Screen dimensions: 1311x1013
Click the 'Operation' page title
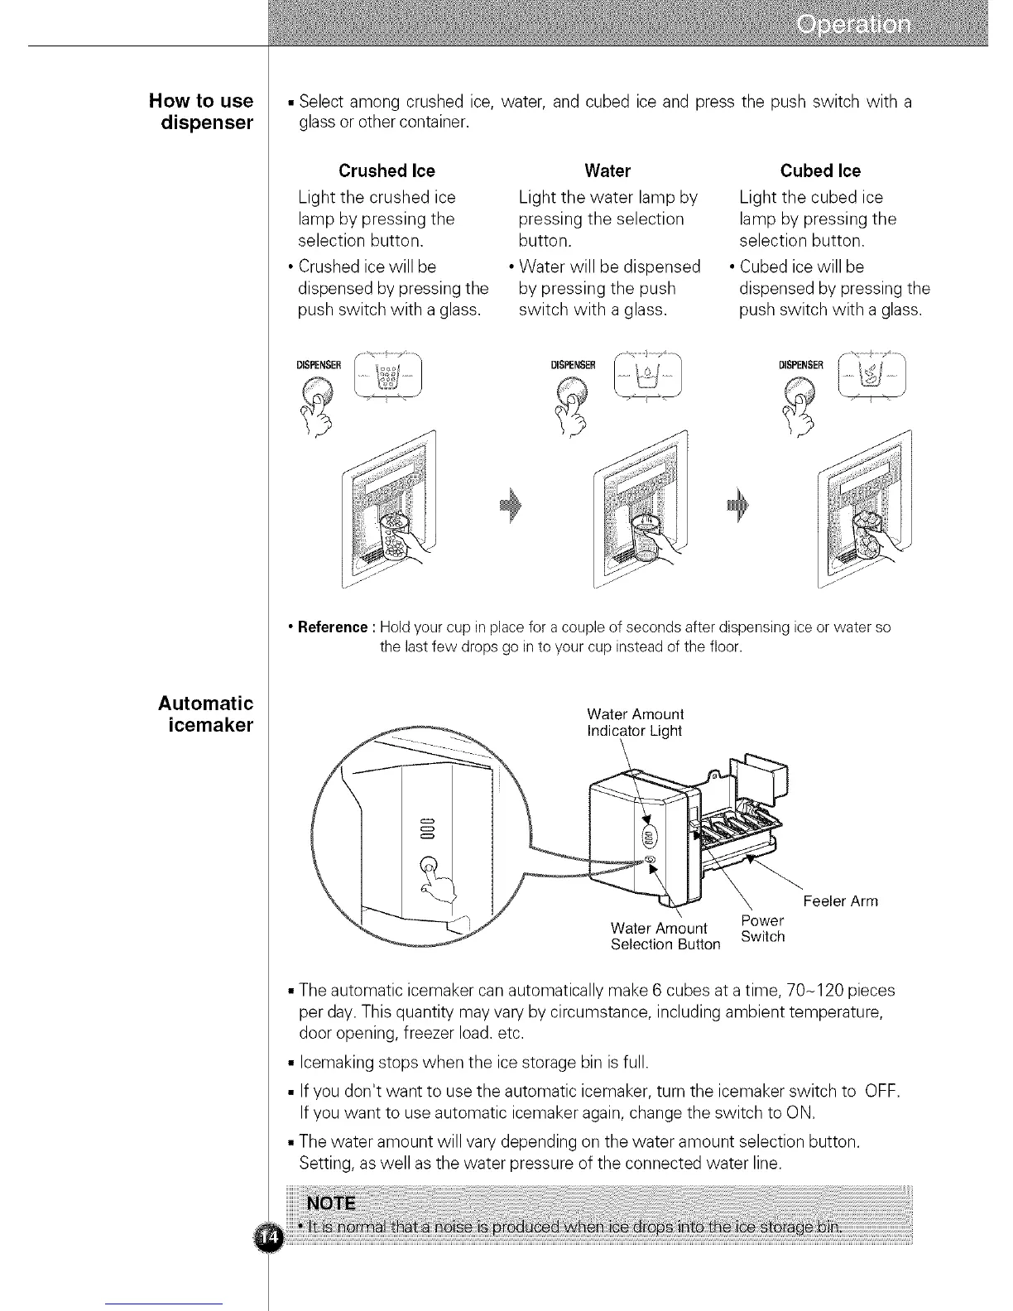tap(854, 25)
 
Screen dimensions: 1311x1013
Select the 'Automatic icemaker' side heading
tap(206, 714)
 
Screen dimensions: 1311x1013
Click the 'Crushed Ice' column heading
tap(386, 171)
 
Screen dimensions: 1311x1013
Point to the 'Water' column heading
tap(607, 171)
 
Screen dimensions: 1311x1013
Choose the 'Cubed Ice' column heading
tap(820, 171)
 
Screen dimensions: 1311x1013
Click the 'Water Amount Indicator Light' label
tap(635, 723)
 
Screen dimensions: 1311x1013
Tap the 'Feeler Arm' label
tap(839, 901)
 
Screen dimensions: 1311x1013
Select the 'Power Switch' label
tap(762, 929)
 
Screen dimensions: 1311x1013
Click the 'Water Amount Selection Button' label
tap(665, 936)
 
